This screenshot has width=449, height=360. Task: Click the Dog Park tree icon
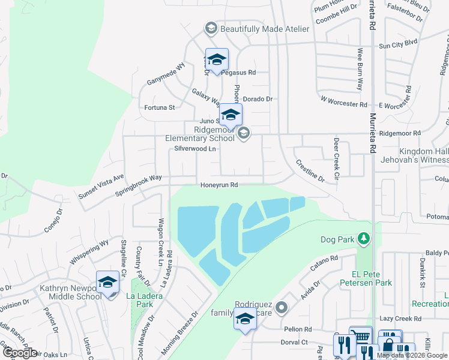[x=363, y=239]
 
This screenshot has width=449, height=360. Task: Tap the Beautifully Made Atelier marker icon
[x=211, y=28]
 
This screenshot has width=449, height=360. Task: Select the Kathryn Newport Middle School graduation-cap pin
[x=108, y=282]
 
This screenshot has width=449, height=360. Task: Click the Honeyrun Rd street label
[x=219, y=185]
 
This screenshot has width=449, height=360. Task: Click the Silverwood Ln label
[x=194, y=148]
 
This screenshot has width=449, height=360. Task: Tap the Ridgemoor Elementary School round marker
[x=243, y=133]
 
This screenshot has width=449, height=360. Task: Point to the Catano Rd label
[x=325, y=264]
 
